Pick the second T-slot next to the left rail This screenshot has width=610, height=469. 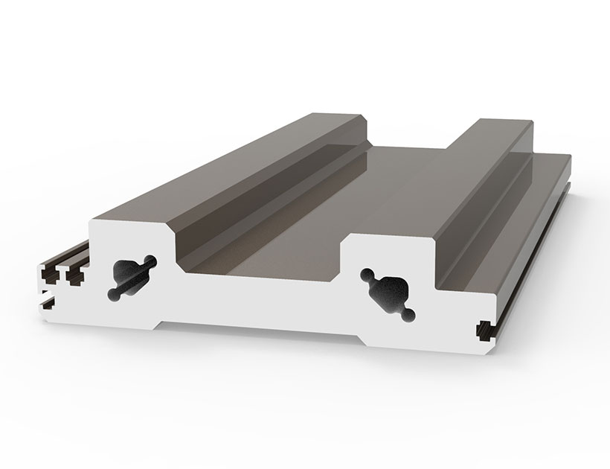(74, 275)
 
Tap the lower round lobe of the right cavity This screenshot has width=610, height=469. (408, 317)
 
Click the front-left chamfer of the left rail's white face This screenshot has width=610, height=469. (92, 225)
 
